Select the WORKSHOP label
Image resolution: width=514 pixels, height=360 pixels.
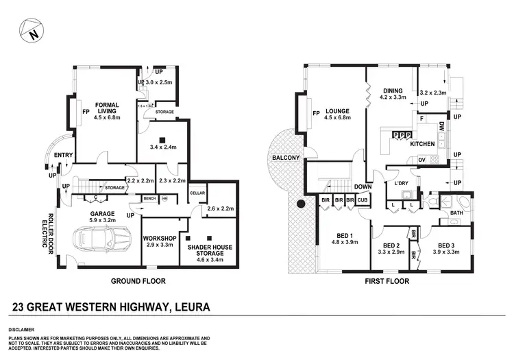click(160, 238)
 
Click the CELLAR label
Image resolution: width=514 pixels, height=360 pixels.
click(197, 193)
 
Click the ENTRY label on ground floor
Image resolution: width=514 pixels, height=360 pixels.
click(63, 155)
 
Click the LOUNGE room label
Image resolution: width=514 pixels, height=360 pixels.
click(337, 112)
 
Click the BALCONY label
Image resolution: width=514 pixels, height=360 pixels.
click(285, 158)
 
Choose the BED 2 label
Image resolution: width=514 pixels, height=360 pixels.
click(391, 245)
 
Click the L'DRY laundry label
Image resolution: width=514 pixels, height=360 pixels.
click(400, 184)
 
